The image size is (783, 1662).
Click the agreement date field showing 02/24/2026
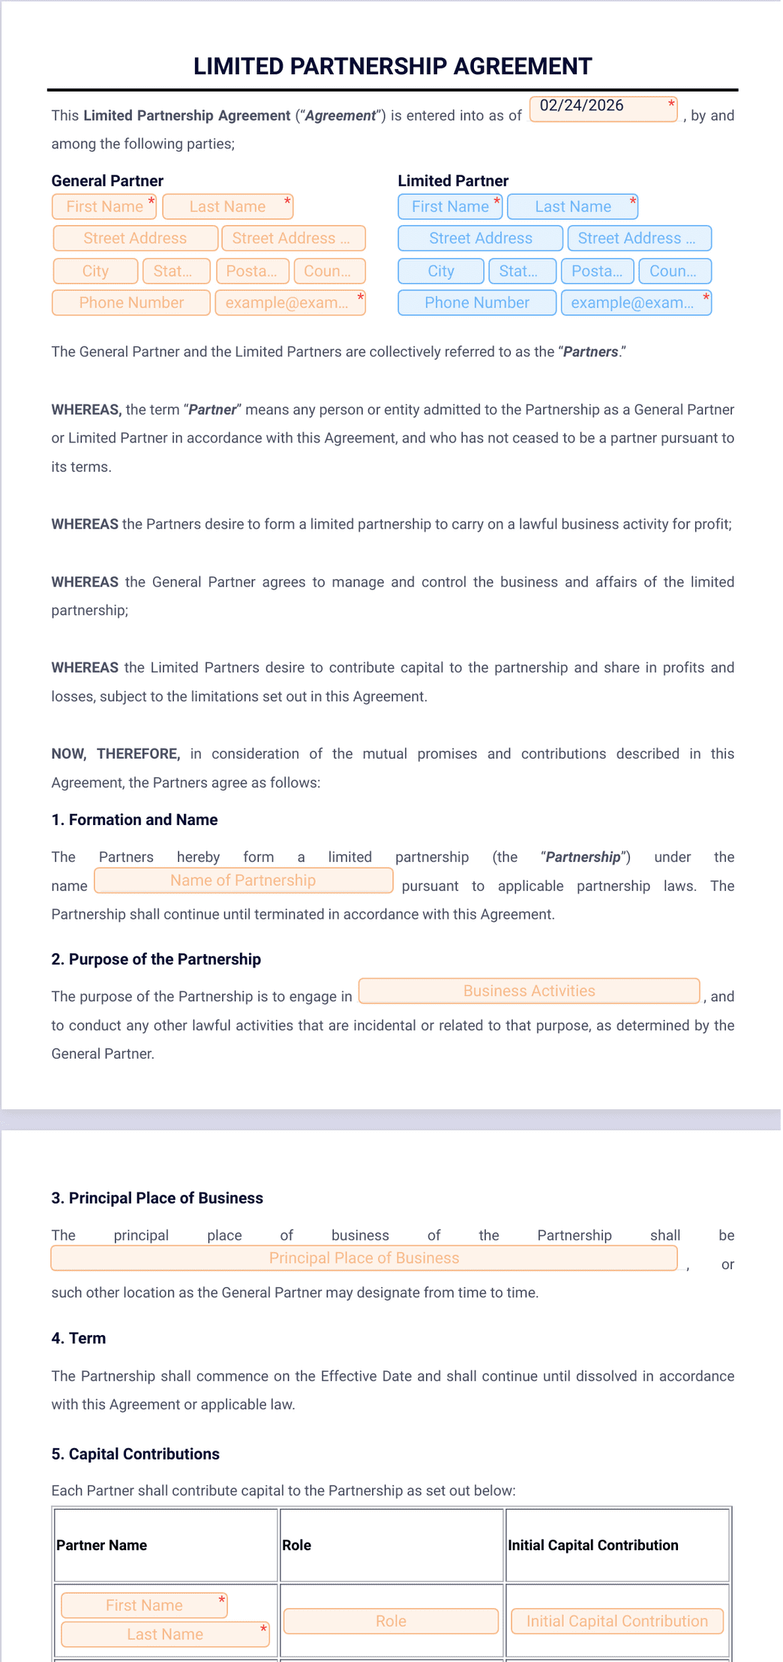coord(603,109)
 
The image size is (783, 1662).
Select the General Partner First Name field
coord(104,206)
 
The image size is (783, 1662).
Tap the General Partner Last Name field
coord(227,206)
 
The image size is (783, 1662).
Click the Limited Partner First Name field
coord(450,206)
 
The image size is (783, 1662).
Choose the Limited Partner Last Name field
coord(572,206)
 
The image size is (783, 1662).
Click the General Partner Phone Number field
coord(131,302)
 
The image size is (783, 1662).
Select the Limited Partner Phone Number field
coord(477,302)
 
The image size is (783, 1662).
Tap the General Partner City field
coord(95,271)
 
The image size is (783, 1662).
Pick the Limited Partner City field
coord(441,271)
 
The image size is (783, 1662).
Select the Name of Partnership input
coord(243,880)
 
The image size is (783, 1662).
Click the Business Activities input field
coord(529,991)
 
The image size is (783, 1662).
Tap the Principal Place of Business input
coord(364,1258)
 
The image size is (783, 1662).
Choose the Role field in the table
coord(391,1621)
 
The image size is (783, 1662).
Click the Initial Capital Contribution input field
coord(616,1621)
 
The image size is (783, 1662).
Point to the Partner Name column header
coord(102,1545)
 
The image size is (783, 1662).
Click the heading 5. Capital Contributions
coord(135,1453)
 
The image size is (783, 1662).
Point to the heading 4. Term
coord(78,1338)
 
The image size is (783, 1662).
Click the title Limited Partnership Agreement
coord(392,66)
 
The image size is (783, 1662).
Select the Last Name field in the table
coord(165,1634)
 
